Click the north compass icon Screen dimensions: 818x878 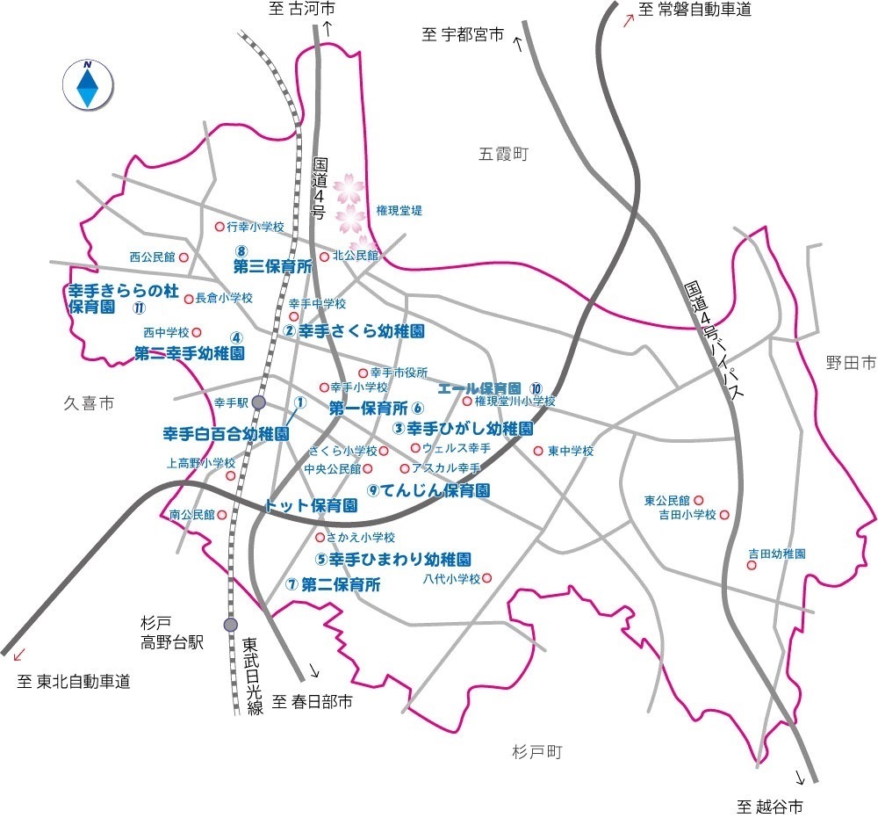[x=88, y=84]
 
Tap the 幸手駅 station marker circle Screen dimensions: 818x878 [x=258, y=402]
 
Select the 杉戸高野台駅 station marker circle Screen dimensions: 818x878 [x=230, y=625]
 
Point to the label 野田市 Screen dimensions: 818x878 [x=851, y=362]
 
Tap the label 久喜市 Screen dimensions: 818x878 [x=88, y=403]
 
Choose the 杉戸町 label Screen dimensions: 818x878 [x=535, y=752]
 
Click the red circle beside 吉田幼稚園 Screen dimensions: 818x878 [x=752, y=565]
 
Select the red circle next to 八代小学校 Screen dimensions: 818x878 [x=487, y=578]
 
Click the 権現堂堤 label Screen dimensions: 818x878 [x=399, y=211]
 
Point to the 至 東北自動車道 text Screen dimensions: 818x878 [x=74, y=681]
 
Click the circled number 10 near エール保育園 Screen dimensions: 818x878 [x=536, y=388]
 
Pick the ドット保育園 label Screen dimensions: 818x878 [x=311, y=506]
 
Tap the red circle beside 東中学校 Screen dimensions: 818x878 [x=538, y=451]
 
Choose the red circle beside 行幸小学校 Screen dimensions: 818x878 [x=219, y=227]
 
